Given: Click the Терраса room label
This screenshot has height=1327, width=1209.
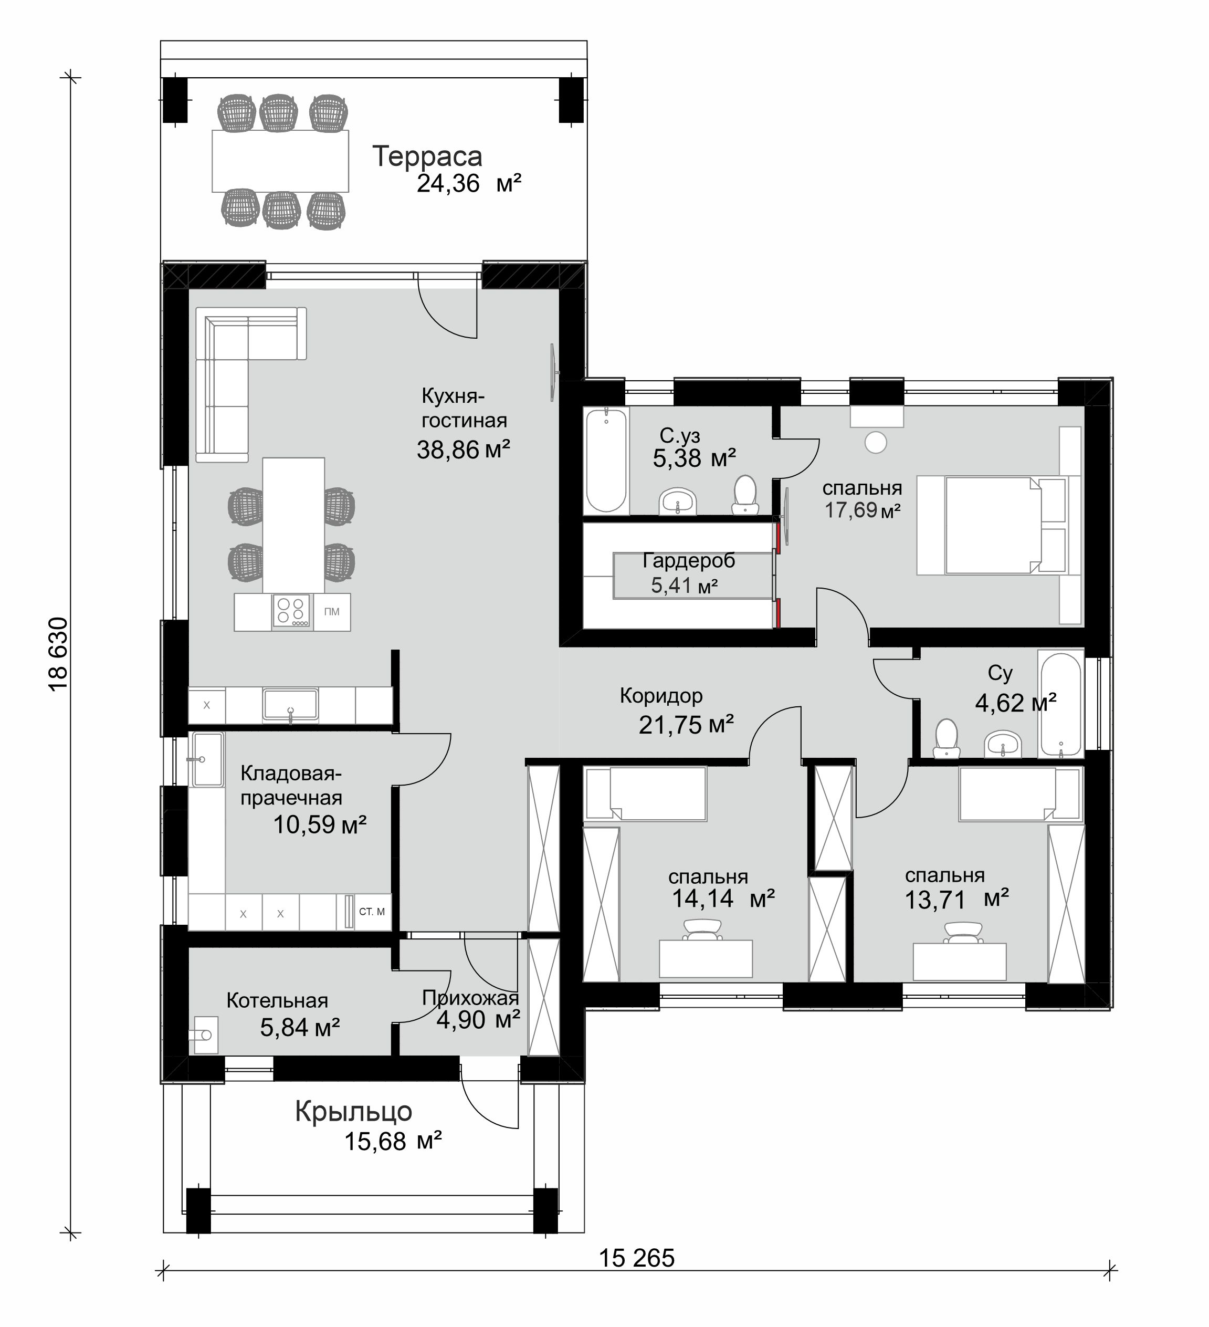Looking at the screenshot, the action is [x=427, y=156].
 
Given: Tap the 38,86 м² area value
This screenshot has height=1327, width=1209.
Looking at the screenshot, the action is [x=464, y=450].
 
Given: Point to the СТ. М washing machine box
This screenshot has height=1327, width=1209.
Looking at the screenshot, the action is [x=372, y=912].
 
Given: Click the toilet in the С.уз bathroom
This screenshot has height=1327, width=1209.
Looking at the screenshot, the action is [x=745, y=494].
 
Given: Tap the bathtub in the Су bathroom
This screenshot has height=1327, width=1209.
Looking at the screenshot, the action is [x=1060, y=704].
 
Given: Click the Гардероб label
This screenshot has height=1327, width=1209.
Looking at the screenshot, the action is [x=688, y=560].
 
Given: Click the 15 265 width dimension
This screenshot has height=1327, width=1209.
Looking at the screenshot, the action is [x=636, y=1258].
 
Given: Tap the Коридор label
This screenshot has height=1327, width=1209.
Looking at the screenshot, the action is [x=661, y=695].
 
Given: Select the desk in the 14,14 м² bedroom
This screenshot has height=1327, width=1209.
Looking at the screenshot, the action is [x=706, y=958].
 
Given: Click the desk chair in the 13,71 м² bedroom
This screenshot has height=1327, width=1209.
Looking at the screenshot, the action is [x=963, y=933].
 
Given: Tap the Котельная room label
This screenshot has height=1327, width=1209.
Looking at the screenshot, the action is [x=277, y=1000].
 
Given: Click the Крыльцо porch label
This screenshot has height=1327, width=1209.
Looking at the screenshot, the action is [x=353, y=1112].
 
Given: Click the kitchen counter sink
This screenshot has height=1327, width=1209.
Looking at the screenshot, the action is [x=290, y=704].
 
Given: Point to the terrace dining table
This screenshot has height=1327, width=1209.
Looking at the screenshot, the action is [x=280, y=161].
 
